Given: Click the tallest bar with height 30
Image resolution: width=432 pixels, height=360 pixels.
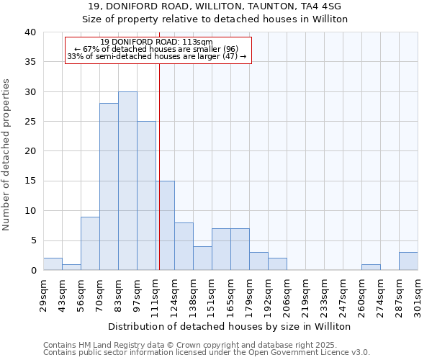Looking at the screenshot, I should click(x=127, y=181).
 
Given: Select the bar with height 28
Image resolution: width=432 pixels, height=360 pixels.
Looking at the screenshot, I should click(x=109, y=186).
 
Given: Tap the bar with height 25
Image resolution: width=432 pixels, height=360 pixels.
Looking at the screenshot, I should click(x=146, y=196).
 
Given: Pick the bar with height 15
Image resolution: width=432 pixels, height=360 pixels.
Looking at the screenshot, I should click(x=165, y=225).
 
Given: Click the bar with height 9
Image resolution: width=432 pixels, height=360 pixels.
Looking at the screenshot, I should click(x=90, y=243).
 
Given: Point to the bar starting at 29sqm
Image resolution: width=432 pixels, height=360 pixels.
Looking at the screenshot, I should click(x=53, y=264).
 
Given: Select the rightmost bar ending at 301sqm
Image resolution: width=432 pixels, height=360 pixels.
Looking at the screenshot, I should click(x=408, y=261).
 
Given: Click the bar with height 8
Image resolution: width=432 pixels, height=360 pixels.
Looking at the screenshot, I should click(x=184, y=246).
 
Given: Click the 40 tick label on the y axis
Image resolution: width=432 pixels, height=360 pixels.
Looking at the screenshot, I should click(x=30, y=32).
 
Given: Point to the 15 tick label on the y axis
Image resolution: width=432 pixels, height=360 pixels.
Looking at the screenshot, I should click(x=30, y=181).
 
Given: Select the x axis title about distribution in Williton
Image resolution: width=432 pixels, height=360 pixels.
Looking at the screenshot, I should click(x=230, y=327).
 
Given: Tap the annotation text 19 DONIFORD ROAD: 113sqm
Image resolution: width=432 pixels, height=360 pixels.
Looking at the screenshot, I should click(x=157, y=42).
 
